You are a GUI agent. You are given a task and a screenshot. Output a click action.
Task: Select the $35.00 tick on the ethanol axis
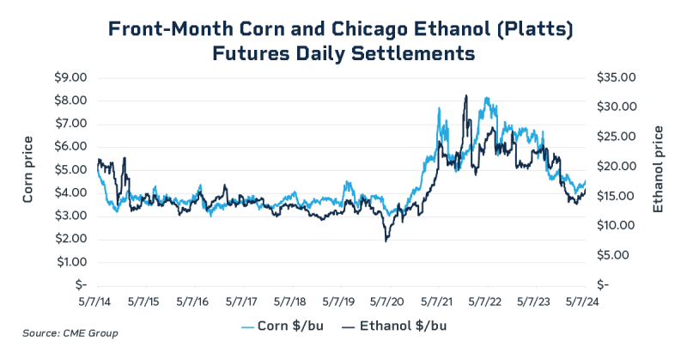pyautogui.click(x=617, y=77)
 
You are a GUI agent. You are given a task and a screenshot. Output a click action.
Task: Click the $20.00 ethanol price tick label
pyautogui.click(x=617, y=166)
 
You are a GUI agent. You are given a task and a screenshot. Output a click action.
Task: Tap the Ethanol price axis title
pyautogui.click(x=658, y=169)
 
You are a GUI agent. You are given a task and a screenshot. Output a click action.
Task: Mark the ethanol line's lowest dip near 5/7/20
pyautogui.click(x=387, y=241)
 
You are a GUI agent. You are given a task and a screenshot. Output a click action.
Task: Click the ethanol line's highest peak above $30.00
pyautogui.click(x=465, y=95)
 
